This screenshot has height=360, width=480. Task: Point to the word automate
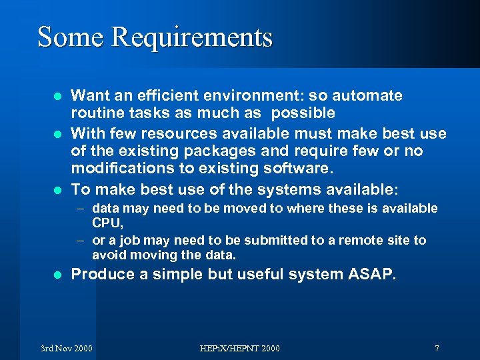pyautogui.click(x=367, y=95)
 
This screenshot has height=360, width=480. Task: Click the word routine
pyautogui.click(x=97, y=113)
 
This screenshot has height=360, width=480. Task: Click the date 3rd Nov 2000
pyautogui.click(x=67, y=348)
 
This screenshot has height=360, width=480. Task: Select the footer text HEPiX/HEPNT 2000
pyautogui.click(x=240, y=348)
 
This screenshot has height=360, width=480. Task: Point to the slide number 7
pyautogui.click(x=436, y=348)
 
